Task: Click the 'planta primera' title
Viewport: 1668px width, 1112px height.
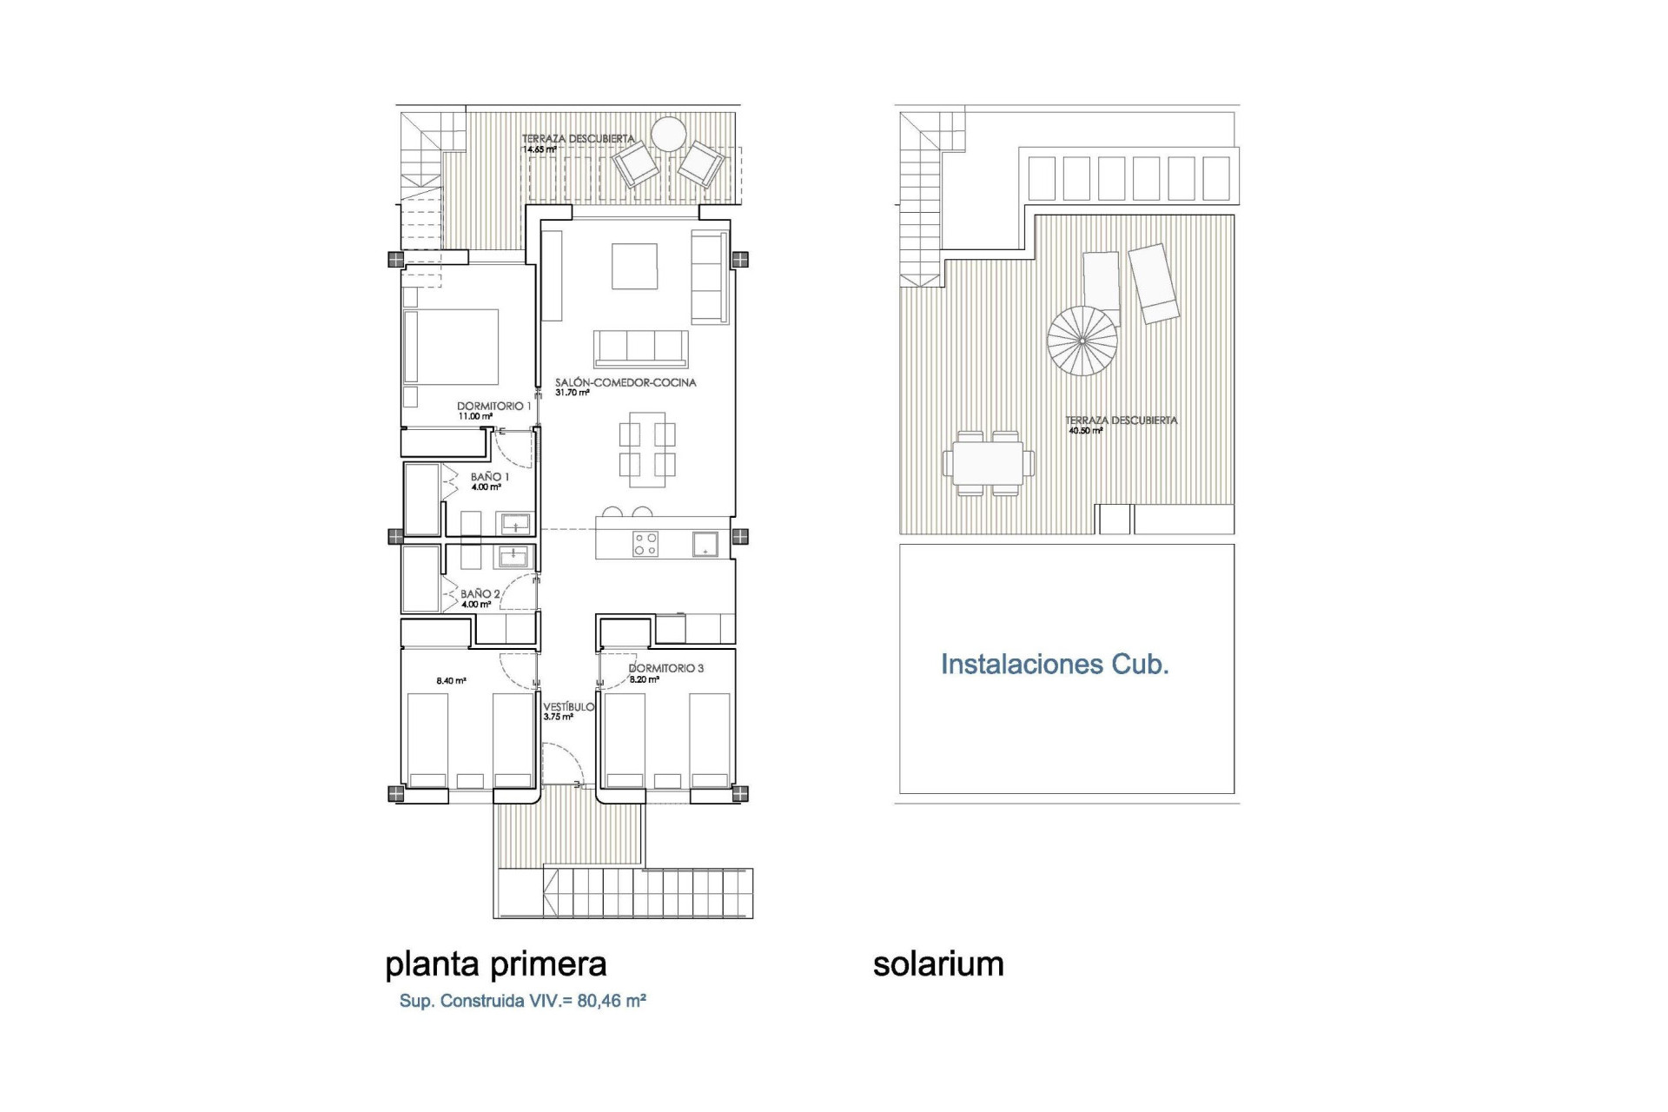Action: [x=495, y=964]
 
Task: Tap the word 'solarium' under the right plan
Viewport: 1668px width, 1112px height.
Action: [x=938, y=964]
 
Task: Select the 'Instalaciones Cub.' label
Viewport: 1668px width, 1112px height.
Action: [x=1055, y=665]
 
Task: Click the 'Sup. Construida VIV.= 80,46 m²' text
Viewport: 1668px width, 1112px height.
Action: [x=522, y=1001]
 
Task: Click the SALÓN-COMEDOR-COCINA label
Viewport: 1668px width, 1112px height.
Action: [x=625, y=382]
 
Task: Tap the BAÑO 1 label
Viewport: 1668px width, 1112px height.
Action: [x=490, y=477]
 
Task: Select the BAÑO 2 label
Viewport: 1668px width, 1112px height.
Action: [x=480, y=594]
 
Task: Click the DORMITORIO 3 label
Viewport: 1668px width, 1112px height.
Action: [x=666, y=668]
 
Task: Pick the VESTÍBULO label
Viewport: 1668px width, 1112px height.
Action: [x=569, y=707]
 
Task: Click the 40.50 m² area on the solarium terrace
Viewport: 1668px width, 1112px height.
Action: [x=1086, y=430]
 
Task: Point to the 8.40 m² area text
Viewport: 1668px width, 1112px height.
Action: [x=451, y=681]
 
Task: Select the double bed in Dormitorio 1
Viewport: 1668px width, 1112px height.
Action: [x=452, y=347]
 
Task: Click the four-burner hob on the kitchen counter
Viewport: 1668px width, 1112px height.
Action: [x=645, y=545]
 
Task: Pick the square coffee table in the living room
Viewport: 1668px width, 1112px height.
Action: [x=634, y=266]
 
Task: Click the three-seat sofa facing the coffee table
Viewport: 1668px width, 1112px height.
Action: [x=641, y=348]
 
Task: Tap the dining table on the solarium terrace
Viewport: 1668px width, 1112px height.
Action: [x=988, y=464]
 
